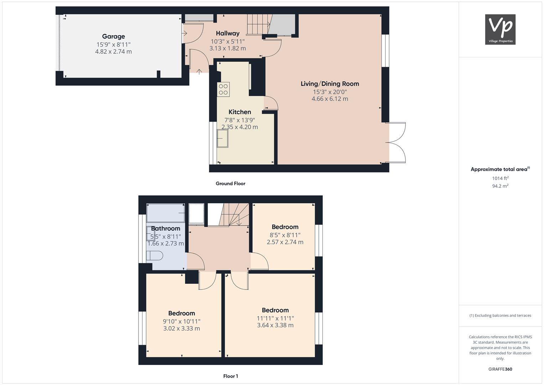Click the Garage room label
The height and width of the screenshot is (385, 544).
click(113, 36)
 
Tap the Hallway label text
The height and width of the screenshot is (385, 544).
click(228, 33)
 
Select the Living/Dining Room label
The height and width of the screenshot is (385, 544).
click(330, 84)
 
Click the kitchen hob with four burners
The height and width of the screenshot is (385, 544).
click(223, 89)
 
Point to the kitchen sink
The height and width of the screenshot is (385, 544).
click(222, 139)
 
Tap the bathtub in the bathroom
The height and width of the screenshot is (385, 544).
click(165, 213)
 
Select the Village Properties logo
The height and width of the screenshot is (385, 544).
click(500, 29)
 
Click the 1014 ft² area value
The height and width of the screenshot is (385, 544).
click(500, 178)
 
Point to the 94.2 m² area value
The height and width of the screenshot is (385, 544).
click(500, 186)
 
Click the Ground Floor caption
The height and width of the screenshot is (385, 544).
click(230, 184)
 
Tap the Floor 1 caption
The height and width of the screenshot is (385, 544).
click(230, 376)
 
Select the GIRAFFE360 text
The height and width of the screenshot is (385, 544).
click(500, 369)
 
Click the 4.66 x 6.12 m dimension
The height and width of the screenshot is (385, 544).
click(330, 99)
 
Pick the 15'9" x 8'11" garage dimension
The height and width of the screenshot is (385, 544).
click(113, 45)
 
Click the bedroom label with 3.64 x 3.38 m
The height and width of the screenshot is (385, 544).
click(275, 310)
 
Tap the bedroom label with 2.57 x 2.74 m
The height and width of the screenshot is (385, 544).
click(285, 227)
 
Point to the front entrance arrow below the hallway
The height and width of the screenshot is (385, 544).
click(199, 72)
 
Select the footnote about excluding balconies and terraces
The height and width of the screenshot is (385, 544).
click(500, 315)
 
